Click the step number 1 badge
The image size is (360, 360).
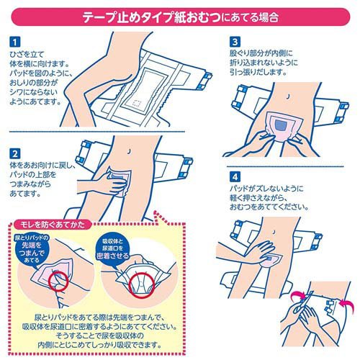15,42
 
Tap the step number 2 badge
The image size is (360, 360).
15,153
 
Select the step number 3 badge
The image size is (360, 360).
235,42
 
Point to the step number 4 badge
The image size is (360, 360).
235,177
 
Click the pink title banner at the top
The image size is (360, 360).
181,17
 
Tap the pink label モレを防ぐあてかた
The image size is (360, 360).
53,225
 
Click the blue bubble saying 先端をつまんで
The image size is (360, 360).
32,248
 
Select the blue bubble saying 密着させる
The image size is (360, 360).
113,248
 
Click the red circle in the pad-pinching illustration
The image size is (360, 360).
58,280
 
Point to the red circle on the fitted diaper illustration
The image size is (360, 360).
142,285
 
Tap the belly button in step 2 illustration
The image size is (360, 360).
129,151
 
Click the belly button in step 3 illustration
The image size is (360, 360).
289,96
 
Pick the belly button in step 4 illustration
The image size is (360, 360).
274,232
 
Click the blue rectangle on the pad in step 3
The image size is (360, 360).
282,125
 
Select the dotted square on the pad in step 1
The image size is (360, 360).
138,103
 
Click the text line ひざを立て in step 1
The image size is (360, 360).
27,55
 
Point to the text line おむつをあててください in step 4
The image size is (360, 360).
269,207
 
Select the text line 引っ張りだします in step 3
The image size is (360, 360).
258,72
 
